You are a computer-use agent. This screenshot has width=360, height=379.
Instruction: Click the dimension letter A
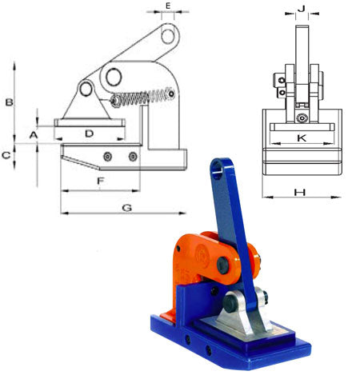pos(34,136)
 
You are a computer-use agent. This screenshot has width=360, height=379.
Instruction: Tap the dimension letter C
pos(6,155)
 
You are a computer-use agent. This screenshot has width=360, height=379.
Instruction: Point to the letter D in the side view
pos(90,133)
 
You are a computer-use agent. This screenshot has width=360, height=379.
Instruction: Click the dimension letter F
pos(100,182)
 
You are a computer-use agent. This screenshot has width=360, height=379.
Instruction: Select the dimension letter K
pos(301,138)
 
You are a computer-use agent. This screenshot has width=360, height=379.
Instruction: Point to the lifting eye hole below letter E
pos(167,35)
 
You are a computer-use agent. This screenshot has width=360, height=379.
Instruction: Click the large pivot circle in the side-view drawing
pos(111,77)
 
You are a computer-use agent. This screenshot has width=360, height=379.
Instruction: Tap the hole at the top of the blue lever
pos(216,168)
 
